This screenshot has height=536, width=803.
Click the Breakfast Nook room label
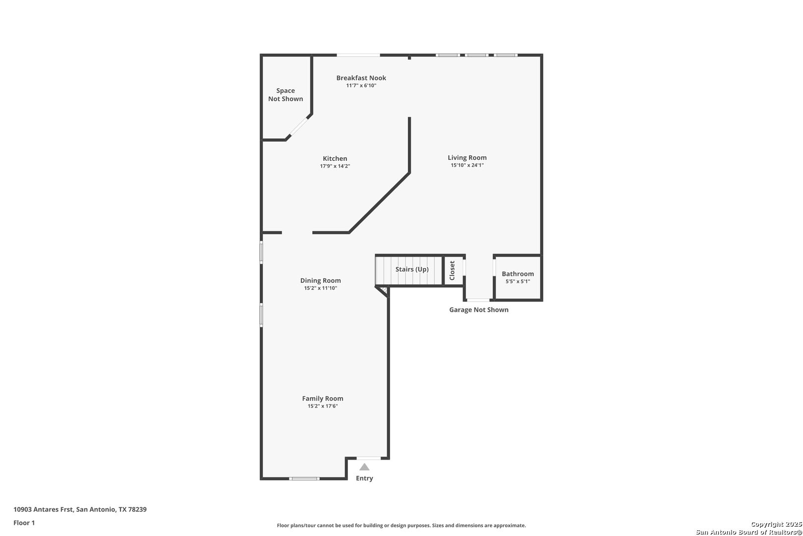(361, 78)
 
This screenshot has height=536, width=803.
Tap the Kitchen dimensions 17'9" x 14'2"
(335, 166)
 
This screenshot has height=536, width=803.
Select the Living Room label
(467, 158)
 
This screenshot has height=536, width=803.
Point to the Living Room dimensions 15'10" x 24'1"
(467, 165)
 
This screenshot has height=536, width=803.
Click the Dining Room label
(321, 280)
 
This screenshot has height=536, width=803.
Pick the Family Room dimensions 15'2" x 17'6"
(323, 406)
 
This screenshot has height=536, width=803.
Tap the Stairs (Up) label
(412, 269)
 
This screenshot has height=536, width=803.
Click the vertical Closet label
(452, 270)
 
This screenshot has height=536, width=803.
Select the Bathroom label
(517, 274)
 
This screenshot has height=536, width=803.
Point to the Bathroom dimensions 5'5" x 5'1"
(517, 281)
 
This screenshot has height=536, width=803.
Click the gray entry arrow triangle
(365, 467)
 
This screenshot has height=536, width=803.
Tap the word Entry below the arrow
(365, 478)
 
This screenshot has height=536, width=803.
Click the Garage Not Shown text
(478, 310)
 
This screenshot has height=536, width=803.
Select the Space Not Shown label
(286, 95)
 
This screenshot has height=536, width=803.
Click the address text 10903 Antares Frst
(44, 509)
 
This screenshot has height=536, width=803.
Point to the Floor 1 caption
(24, 523)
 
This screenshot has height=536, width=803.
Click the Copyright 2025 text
(776, 525)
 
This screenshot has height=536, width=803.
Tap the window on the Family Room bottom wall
(304, 478)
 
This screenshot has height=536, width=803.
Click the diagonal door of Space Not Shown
(298, 127)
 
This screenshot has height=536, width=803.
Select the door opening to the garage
(478, 300)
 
